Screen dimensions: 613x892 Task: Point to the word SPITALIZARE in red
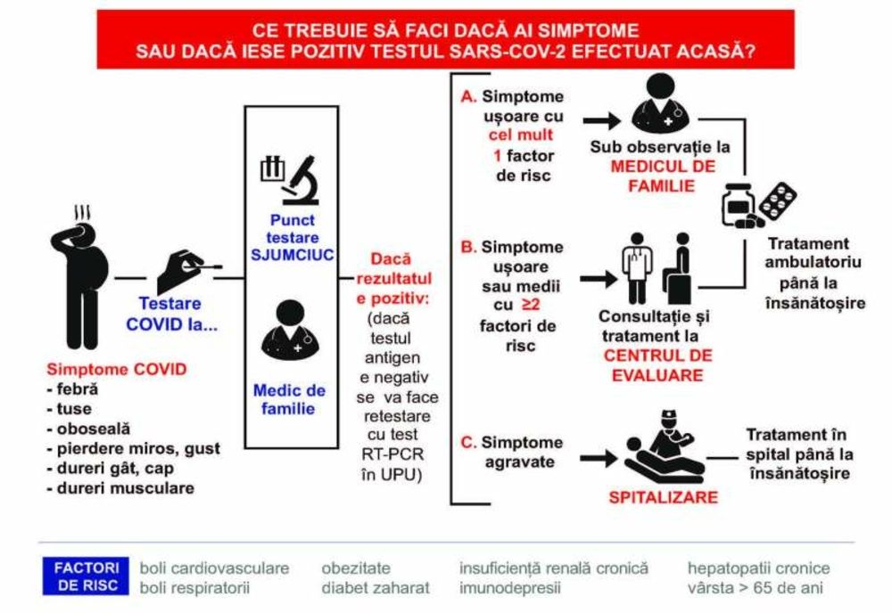point(663,496)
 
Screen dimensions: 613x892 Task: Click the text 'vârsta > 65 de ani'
point(758,588)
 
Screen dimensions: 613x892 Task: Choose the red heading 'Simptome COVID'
point(104,369)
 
